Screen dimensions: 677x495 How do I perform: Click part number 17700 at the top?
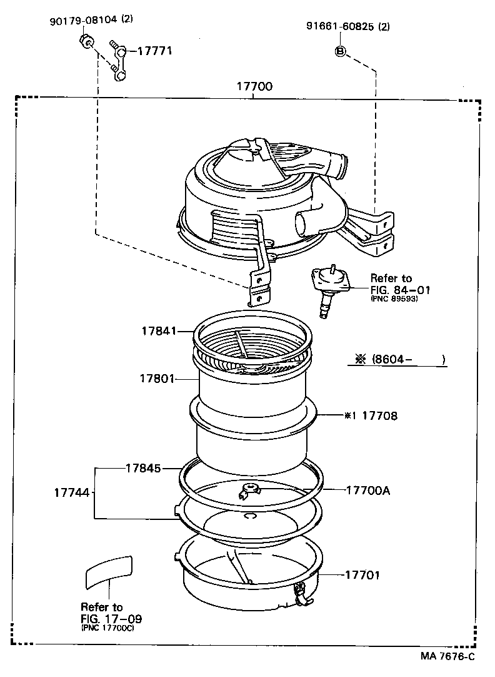[x=254, y=86]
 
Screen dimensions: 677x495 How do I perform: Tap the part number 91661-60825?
[x=340, y=26]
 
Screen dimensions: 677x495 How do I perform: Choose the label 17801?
[x=156, y=379]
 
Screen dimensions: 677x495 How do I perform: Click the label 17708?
[x=379, y=415]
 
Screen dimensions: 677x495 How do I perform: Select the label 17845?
[x=142, y=468]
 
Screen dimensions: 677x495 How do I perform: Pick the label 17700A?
[x=367, y=490]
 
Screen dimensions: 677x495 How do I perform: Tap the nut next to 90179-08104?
[x=87, y=43]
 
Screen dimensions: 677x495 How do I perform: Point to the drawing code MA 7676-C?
[x=447, y=656]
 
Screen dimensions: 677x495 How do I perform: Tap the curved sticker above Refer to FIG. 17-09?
[x=109, y=570]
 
